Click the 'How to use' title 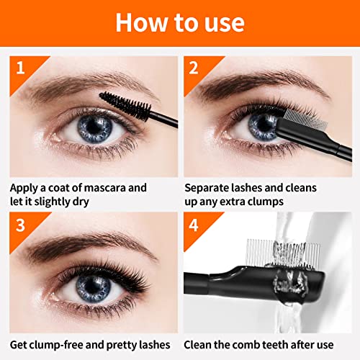click(180, 22)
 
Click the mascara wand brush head click(125, 105)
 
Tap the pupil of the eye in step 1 click(94, 127)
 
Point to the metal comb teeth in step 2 click(305, 118)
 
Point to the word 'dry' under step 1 click(81, 202)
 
